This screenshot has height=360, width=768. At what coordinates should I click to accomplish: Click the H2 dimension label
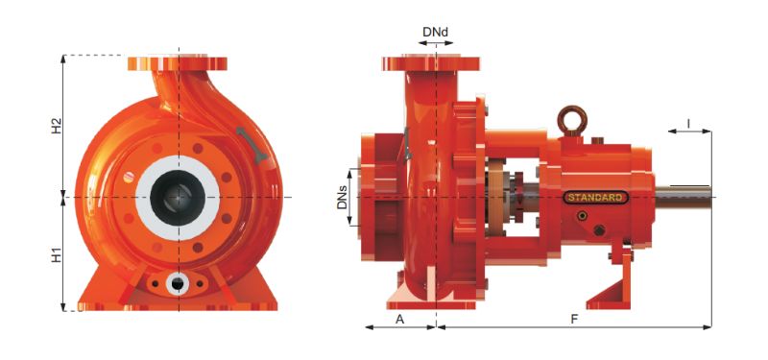tap(58, 125)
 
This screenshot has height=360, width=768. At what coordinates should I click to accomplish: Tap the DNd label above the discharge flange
tap(435, 33)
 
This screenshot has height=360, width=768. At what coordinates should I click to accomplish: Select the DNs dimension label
tap(343, 198)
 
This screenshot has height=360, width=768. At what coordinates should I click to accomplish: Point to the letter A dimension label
tap(399, 320)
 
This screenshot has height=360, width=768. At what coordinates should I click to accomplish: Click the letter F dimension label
tap(574, 320)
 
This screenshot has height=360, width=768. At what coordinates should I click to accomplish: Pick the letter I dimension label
tap(688, 124)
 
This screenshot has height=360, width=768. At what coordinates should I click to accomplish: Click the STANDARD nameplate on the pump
tap(595, 198)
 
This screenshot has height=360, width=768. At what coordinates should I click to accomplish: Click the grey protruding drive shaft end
tap(683, 197)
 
